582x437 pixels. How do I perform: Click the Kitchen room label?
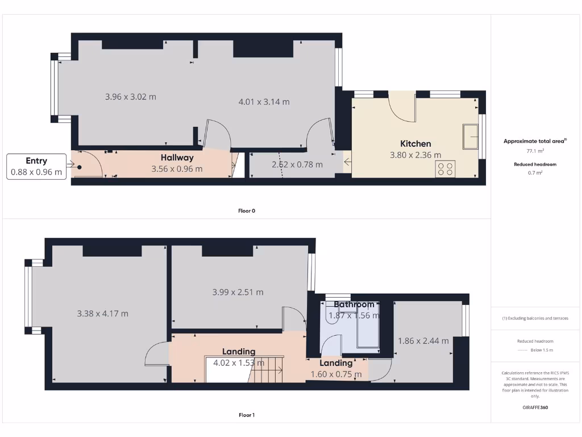(x=415, y=143)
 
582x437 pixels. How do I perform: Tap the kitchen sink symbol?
(x=470, y=137)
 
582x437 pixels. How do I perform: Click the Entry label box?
(x=36, y=166)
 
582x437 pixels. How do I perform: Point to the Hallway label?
(x=177, y=158)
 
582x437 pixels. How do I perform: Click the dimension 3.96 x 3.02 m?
(x=131, y=97)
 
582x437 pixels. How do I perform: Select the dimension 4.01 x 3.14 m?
(x=264, y=102)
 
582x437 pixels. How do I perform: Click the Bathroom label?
(x=354, y=304)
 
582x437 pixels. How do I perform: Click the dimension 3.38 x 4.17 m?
(x=102, y=313)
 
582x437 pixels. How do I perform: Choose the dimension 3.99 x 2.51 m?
(x=238, y=292)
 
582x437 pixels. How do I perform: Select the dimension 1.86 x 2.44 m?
(x=423, y=341)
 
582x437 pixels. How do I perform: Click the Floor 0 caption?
(x=246, y=211)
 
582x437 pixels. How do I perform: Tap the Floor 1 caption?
(x=246, y=415)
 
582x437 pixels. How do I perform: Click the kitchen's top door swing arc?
(x=402, y=109)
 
